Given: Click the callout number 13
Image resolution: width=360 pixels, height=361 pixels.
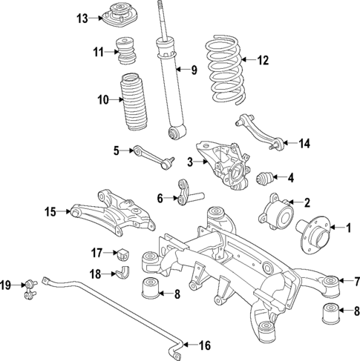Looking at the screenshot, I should [82, 17].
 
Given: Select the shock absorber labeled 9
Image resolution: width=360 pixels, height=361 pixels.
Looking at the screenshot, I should [168, 82].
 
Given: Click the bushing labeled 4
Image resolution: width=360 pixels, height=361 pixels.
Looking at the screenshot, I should [265, 178].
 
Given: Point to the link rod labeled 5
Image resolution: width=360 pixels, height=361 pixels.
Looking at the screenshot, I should [151, 156].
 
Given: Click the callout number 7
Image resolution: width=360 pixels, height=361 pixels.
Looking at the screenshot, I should [356, 281].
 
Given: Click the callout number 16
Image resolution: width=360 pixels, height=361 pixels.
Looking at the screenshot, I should [206, 344].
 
